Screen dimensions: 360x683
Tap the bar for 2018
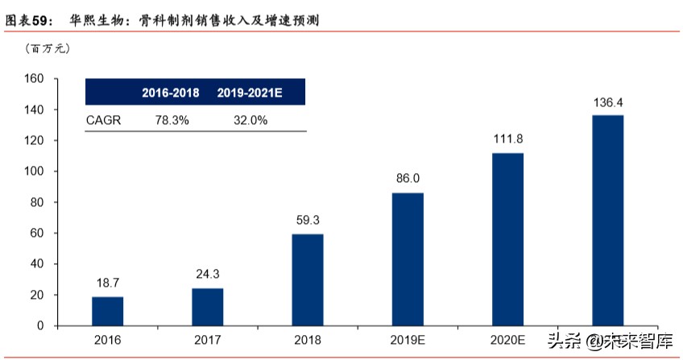(307, 279)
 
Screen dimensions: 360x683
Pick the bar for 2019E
(408, 259)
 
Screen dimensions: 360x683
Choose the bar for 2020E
(507, 239)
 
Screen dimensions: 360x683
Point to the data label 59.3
(307, 218)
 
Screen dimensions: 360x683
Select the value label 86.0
(408, 177)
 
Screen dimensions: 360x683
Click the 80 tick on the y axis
(36, 202)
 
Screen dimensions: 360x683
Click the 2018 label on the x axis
(307, 341)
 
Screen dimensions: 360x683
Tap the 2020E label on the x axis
(507, 341)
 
